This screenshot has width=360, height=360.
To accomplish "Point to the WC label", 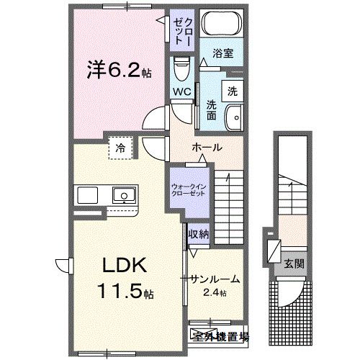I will click(180, 91).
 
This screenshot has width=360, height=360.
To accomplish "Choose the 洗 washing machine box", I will click(232, 91).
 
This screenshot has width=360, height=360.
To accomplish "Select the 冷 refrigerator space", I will click(120, 148).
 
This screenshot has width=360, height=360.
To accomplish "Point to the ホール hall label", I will click(207, 148).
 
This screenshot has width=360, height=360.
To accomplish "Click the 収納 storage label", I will click(199, 233).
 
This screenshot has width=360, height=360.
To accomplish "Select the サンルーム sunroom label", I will click(215, 279).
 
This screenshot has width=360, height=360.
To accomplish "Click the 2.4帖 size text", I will click(214, 292).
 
